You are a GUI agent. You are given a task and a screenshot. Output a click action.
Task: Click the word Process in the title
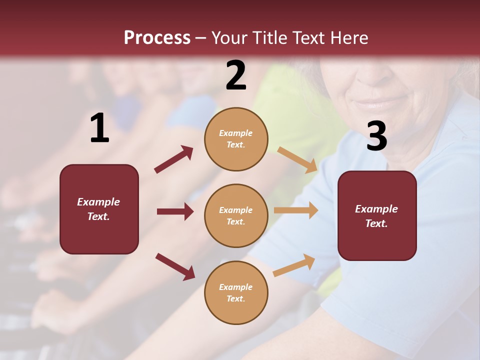(157, 38)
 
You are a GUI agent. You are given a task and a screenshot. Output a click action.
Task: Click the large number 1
(99, 128)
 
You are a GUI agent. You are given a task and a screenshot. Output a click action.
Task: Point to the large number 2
(236, 75)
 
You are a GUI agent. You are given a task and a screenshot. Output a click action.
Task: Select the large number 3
(376, 136)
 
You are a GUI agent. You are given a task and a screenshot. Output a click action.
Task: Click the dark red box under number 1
(99, 209)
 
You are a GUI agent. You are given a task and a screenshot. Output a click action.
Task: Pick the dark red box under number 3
(377, 215)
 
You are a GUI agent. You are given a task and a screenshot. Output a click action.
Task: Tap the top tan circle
(236, 139)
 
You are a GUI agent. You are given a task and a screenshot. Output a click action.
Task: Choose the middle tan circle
(236, 215)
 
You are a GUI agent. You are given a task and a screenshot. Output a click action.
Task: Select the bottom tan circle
(236, 292)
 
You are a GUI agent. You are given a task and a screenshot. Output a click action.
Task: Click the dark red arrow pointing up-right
(174, 159)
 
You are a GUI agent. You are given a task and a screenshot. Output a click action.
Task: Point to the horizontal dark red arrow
(175, 211)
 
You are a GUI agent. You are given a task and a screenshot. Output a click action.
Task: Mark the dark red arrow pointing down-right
(175, 266)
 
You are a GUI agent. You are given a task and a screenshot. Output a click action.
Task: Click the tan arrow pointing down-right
(297, 159)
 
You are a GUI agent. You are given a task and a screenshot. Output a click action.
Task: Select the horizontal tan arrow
(296, 210)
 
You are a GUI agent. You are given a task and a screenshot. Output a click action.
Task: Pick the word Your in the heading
(230, 38)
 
